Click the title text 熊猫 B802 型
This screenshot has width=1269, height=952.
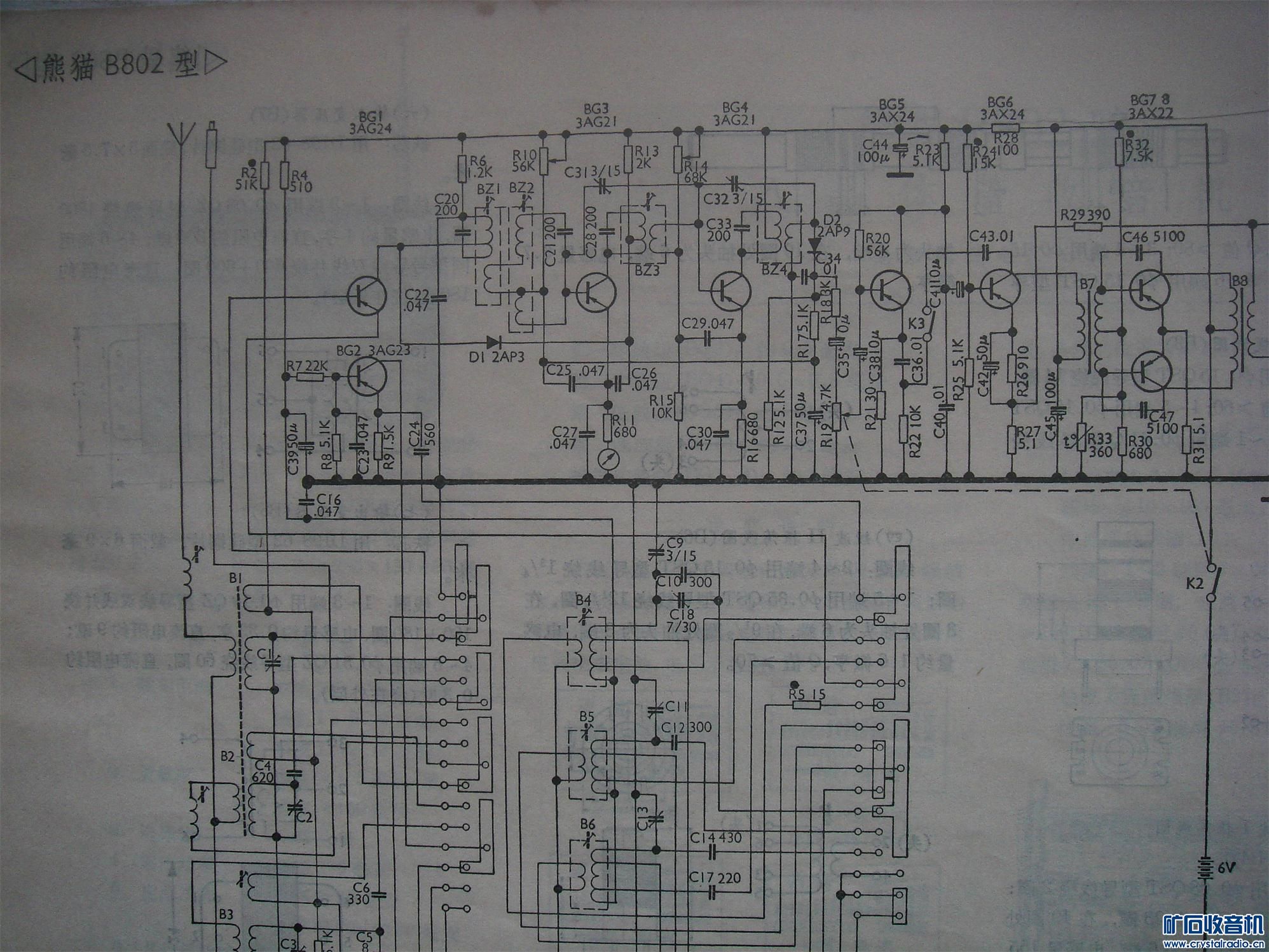tap(121, 66)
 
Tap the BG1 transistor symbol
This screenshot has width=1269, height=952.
tap(367, 295)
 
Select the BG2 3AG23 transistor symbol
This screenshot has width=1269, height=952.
tap(367, 376)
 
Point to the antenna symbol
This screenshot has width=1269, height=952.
tap(181, 135)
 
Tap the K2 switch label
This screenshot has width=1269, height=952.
tap(1195, 583)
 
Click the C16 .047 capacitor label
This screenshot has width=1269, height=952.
tap(328, 506)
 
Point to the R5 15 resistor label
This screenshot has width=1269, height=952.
tap(807, 694)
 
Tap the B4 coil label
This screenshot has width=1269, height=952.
tap(583, 600)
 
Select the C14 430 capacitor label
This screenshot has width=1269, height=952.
tap(716, 838)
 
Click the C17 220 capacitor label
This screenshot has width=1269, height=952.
tap(715, 878)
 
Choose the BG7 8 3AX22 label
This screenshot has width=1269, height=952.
tap(1151, 106)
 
